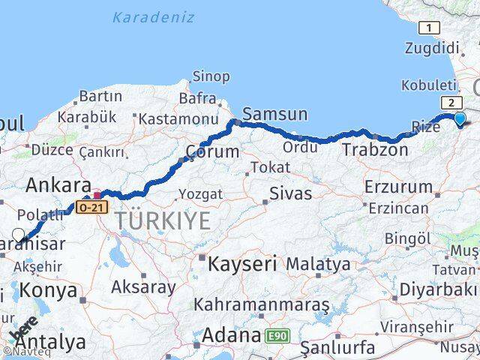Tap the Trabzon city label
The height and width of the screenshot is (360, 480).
click(x=375, y=150)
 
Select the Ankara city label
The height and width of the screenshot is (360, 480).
click(x=58, y=185)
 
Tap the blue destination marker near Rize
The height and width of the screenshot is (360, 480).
click(x=460, y=117)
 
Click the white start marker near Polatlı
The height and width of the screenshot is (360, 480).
click(x=19, y=235)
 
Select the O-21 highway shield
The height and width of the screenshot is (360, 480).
click(x=89, y=205)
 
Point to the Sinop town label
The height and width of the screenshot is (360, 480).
click(x=211, y=76)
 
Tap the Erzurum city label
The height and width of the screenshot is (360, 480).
click(x=398, y=187)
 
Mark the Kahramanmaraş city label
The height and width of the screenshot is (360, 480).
click(x=262, y=304)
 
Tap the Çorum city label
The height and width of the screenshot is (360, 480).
click(x=212, y=151)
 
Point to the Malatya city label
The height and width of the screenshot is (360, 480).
click(x=318, y=264)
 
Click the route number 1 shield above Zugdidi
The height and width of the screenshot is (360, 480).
click(x=429, y=28)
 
